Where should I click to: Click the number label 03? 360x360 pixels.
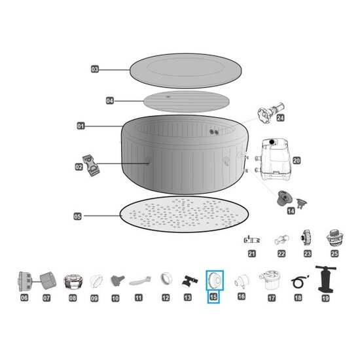pyautogui.click(x=95, y=69)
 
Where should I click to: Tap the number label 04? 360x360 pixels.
pyautogui.click(x=110, y=101)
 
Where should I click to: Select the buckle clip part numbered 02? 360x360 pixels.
pyautogui.click(x=91, y=166)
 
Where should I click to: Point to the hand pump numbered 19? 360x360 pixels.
pyautogui.click(x=325, y=279)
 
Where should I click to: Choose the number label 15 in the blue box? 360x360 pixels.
pyautogui.click(x=213, y=297)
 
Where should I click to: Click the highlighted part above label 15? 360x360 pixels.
pyautogui.click(x=215, y=280)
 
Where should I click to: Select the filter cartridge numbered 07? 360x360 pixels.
pyautogui.click(x=48, y=280)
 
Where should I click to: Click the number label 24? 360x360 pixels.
pyautogui.click(x=280, y=118)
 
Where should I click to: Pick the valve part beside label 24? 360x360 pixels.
pyautogui.click(x=271, y=111)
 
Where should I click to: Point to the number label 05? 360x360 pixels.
pyautogui.click(x=78, y=216)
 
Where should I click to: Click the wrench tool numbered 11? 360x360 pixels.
pyautogui.click(x=140, y=281)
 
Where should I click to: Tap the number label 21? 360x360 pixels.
pyautogui.click(x=252, y=254)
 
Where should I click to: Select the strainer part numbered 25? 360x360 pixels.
pyautogui.click(x=334, y=238)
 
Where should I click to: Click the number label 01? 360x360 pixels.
pyautogui.click(x=81, y=126)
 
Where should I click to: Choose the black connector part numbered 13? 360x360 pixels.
pyautogui.click(x=189, y=281)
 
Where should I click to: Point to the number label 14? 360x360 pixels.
pyautogui.click(x=291, y=211)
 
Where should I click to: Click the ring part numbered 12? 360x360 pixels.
pyautogui.click(x=166, y=278)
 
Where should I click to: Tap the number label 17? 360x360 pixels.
pyautogui.click(x=272, y=298)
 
